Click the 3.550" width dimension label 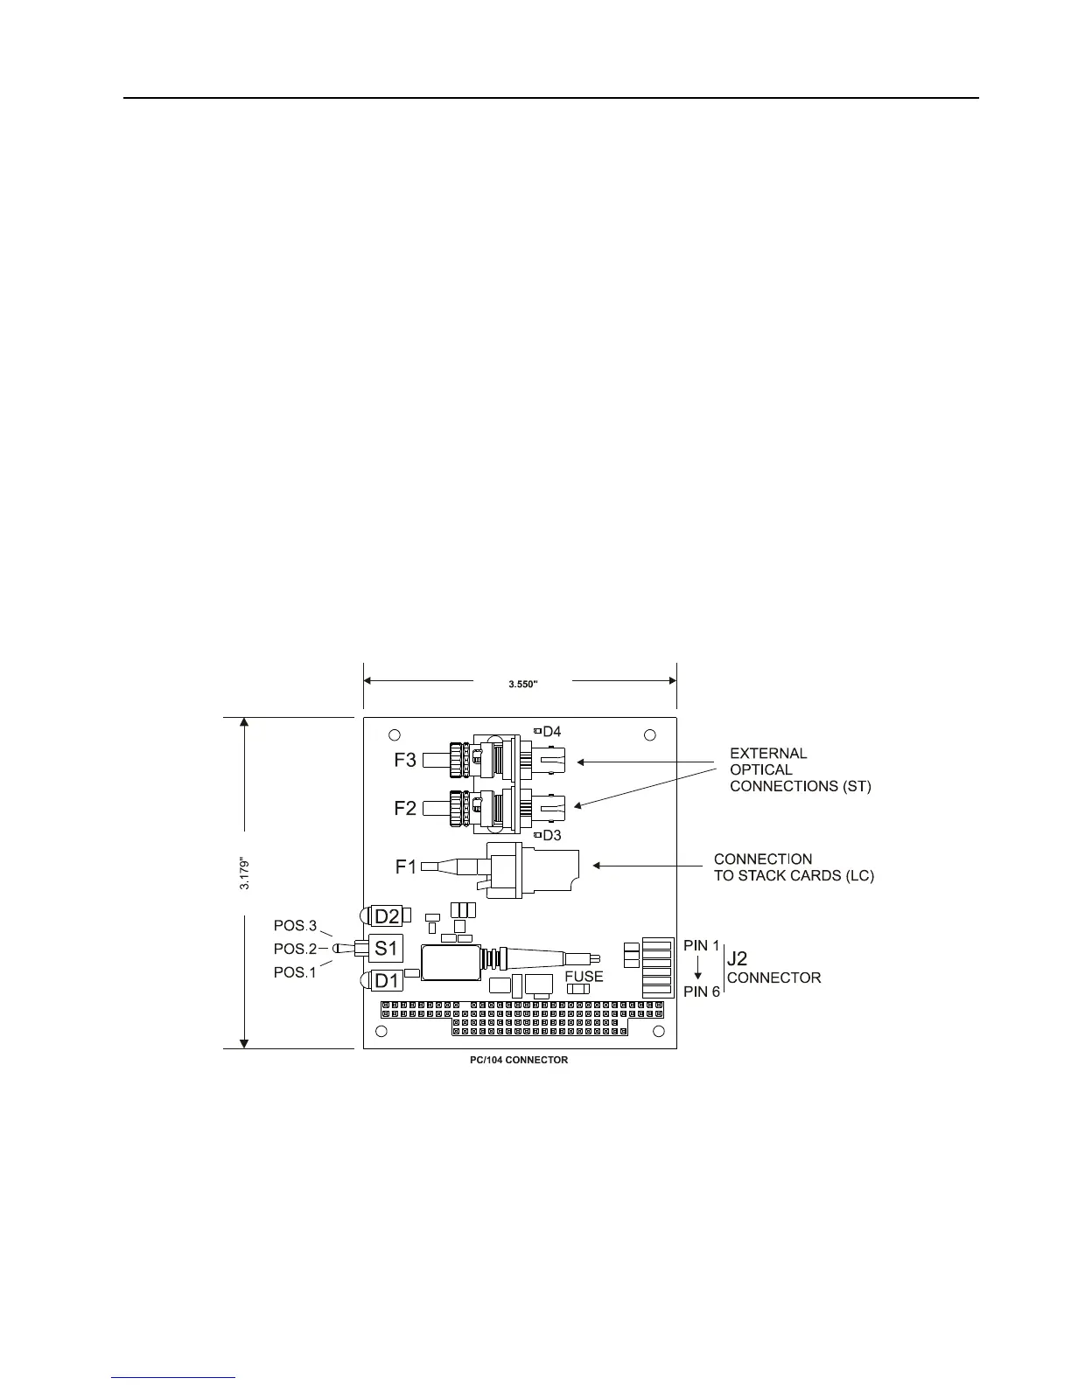522,684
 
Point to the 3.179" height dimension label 245,873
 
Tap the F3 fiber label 405,760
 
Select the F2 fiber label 405,808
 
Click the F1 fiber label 406,867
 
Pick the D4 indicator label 551,731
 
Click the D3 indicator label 551,834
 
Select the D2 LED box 387,916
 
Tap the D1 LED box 387,981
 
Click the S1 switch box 387,948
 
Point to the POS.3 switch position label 295,926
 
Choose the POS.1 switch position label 295,972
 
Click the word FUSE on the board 584,977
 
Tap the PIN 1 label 702,946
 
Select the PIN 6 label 702,991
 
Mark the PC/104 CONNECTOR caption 519,1060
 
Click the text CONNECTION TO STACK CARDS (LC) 794,867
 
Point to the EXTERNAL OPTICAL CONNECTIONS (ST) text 801,769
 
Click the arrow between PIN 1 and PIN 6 697,969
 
